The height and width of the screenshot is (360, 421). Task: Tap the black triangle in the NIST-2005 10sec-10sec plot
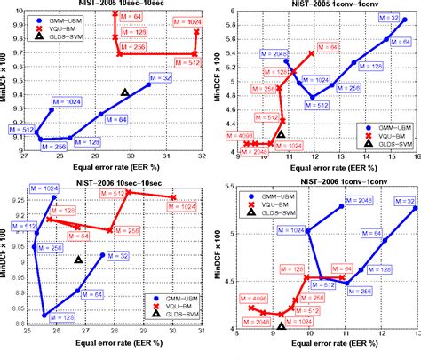(125, 92)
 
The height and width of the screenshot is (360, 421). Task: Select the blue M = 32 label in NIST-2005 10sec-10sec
(162, 78)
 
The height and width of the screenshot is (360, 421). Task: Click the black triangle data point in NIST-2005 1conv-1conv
(282, 135)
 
